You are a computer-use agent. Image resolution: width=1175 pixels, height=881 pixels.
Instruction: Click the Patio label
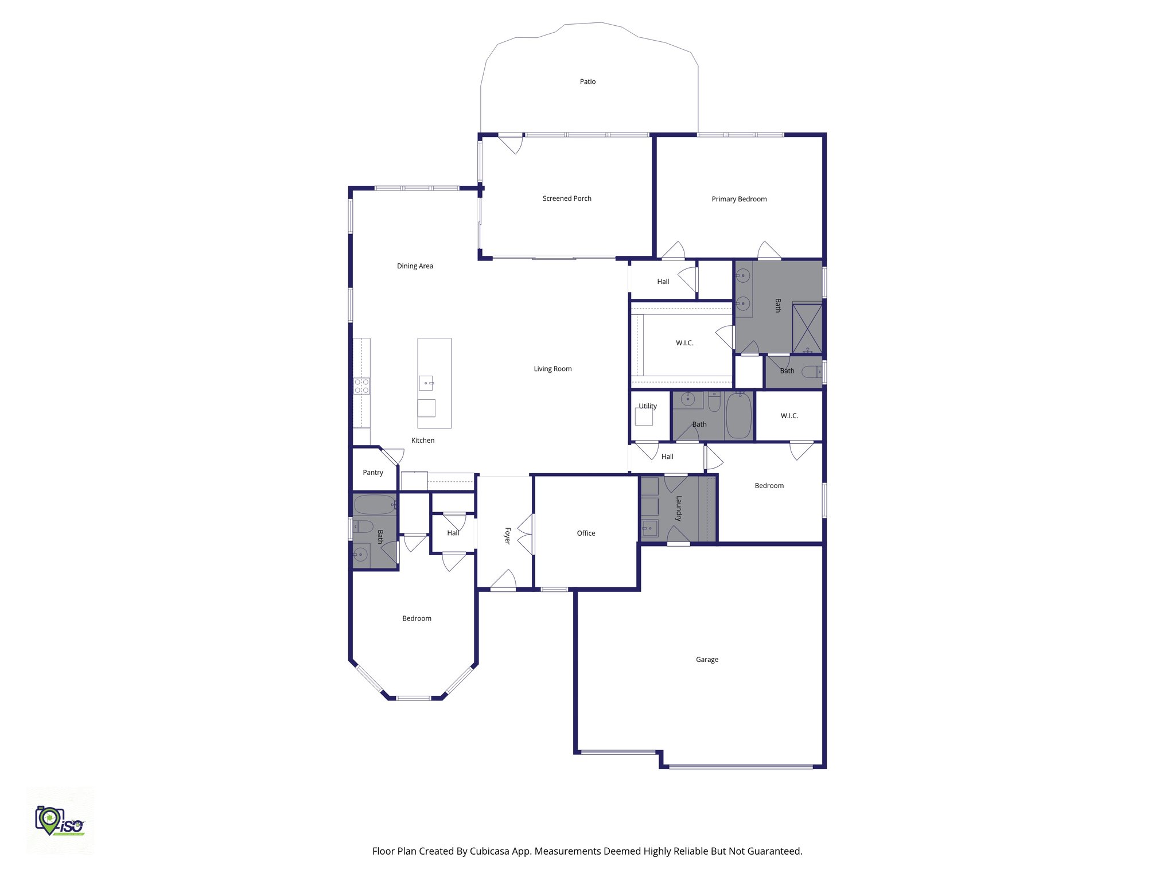pyautogui.click(x=587, y=81)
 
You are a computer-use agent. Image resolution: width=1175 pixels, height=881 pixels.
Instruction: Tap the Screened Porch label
pyautogui.click(x=567, y=198)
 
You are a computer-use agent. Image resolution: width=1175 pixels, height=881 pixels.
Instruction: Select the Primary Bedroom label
pyautogui.click(x=739, y=199)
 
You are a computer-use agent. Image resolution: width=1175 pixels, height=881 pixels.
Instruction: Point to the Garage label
pyautogui.click(x=707, y=660)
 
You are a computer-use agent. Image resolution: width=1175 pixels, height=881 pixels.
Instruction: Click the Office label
pyautogui.click(x=586, y=533)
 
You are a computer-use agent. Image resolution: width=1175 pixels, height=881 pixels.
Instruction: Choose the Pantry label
pyautogui.click(x=373, y=473)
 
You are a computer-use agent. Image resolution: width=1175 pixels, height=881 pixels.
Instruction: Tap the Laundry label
pyautogui.click(x=679, y=508)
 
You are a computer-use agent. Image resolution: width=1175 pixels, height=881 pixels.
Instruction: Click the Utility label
pyautogui.click(x=648, y=406)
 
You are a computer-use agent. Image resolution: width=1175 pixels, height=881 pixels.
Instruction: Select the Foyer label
pyautogui.click(x=507, y=536)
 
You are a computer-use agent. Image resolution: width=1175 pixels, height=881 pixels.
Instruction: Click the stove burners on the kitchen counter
pyautogui.click(x=361, y=386)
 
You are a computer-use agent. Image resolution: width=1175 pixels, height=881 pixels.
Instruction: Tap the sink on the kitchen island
pyautogui.click(x=426, y=383)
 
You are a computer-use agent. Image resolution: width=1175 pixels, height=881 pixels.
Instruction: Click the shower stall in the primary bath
pyautogui.click(x=807, y=328)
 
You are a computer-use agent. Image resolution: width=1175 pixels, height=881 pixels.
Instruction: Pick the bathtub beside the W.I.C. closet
pyautogui.click(x=738, y=416)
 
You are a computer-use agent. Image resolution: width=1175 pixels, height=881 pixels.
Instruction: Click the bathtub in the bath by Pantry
pyautogui.click(x=375, y=505)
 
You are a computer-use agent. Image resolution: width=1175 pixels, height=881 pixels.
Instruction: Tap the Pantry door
pyautogui.click(x=394, y=456)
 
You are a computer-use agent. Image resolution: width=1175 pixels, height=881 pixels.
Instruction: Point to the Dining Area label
pyautogui.click(x=415, y=266)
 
